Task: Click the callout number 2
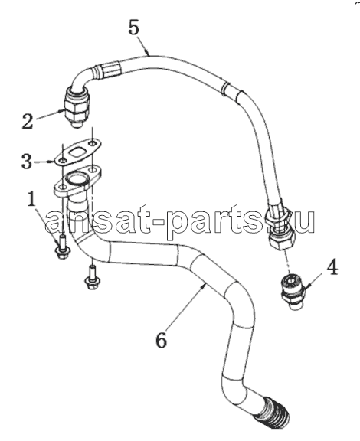(x=28, y=122)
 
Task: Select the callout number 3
(x=27, y=162)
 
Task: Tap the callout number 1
(x=31, y=198)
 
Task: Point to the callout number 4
(x=332, y=268)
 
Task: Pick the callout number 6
(x=162, y=341)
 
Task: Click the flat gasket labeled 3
(x=77, y=152)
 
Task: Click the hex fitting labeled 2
(x=77, y=107)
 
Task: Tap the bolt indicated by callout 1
(x=63, y=247)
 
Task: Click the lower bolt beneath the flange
(x=91, y=278)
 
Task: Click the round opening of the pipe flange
(x=75, y=179)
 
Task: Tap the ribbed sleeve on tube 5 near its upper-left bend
(x=112, y=70)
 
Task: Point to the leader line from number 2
(x=50, y=115)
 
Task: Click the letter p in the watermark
(x=176, y=223)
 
